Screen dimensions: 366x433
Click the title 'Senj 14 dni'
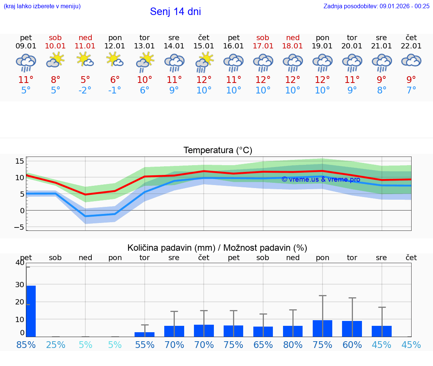pyautogui.click(x=175, y=12)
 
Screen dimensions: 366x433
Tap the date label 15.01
pyautogui.click(x=204, y=46)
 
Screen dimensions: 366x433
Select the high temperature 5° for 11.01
pyautogui.click(x=85, y=80)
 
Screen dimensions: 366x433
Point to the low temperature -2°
pyautogui.click(x=85, y=90)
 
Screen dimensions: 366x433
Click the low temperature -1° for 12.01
pyautogui.click(x=115, y=90)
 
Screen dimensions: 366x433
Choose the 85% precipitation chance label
pyautogui.click(x=26, y=345)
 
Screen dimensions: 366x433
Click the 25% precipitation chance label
pyautogui.click(x=56, y=345)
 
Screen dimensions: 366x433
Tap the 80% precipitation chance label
pyautogui.click(x=293, y=345)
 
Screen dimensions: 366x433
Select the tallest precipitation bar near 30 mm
pyautogui.click(x=31, y=312)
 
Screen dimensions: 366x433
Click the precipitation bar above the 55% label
pyautogui.click(x=145, y=334)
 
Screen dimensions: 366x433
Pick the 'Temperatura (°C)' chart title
pyautogui.click(x=218, y=151)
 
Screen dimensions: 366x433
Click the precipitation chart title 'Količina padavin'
pyautogui.click(x=217, y=248)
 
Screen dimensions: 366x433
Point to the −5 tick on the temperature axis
pyautogui.click(x=19, y=227)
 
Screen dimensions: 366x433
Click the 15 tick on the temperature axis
pyautogui.click(x=20, y=161)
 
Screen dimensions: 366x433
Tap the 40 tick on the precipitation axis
pyautogui.click(x=20, y=262)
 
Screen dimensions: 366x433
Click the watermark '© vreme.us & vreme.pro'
pyautogui.click(x=321, y=179)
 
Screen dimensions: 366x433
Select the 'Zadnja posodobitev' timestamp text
pyautogui.click(x=376, y=6)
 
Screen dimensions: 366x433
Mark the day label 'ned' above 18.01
pyautogui.click(x=293, y=38)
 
